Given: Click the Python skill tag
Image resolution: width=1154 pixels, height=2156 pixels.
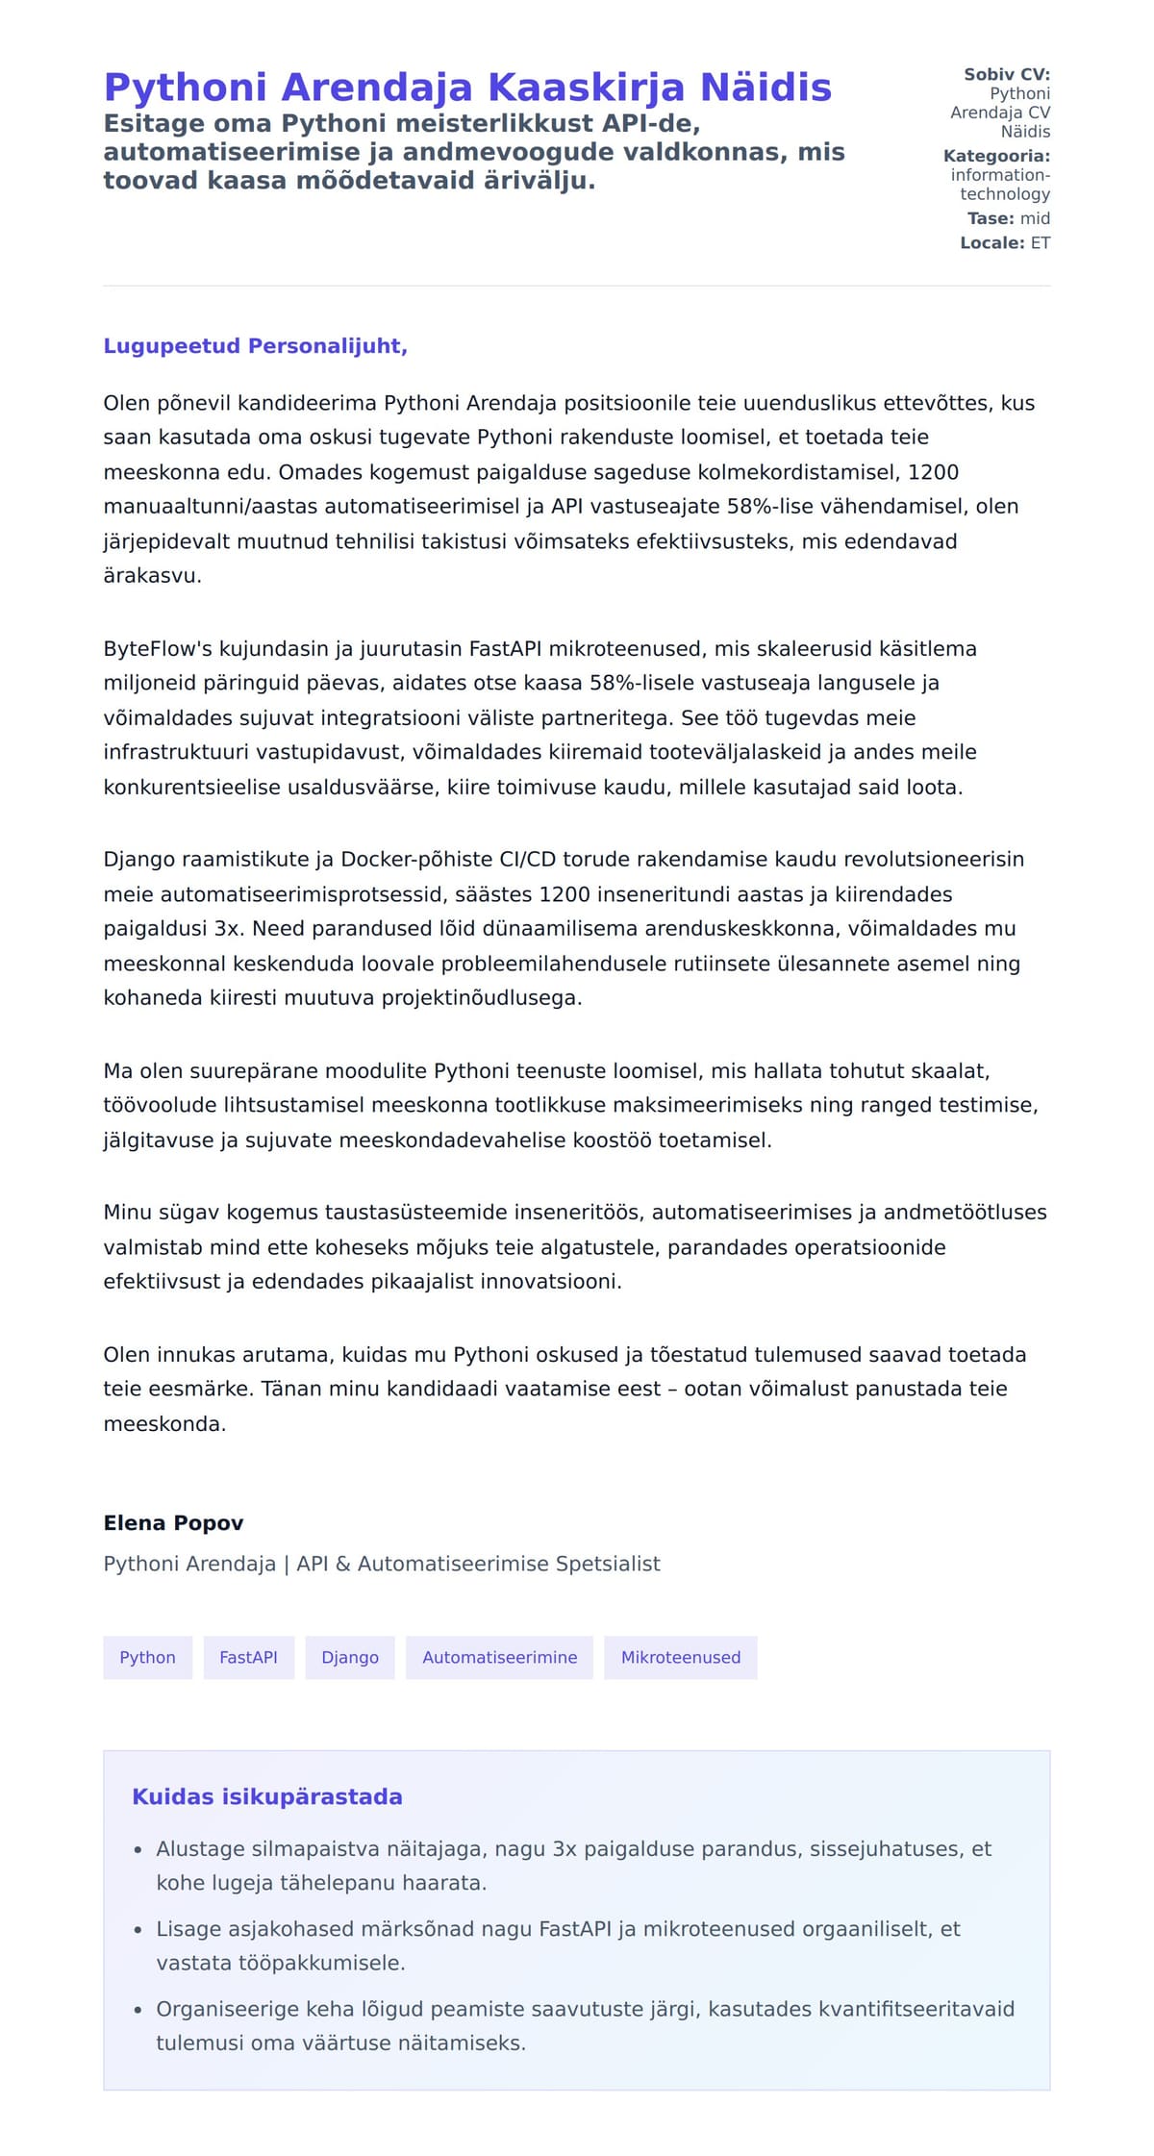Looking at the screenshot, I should pos(147,1657).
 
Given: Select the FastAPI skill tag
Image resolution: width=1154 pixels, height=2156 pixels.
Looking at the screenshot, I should pos(248,1657).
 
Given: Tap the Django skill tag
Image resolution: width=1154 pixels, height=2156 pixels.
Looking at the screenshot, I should pos(350,1657).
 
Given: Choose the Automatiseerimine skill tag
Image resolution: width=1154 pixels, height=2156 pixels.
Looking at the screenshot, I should pos(499,1657).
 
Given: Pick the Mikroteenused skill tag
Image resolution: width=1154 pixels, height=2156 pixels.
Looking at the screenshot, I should pos(680,1657).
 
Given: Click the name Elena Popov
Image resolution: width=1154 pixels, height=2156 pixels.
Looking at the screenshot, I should pos(173,1522).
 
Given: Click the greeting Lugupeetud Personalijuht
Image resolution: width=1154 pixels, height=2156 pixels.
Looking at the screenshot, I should pos(255,346).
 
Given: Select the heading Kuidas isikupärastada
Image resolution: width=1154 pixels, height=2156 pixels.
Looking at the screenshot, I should pos(266,1796).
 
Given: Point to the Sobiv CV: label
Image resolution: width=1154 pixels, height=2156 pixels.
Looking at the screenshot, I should pos(1006,74).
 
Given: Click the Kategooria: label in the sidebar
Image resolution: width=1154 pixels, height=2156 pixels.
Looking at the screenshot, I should pos(996,156).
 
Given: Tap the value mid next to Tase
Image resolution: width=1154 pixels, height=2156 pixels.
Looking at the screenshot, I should pos(1035,218).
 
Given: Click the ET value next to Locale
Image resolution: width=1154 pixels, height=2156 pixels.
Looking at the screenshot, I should pos(1041,242).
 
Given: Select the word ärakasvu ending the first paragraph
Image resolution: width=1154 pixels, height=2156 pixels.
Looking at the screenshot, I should pos(151,576).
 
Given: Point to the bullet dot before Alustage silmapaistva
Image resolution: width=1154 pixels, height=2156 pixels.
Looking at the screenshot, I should pos(138,1850).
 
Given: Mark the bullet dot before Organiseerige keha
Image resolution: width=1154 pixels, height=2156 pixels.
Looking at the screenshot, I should pos(138,2010).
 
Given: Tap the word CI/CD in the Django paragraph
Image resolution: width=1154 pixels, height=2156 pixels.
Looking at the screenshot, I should pos(526,859).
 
